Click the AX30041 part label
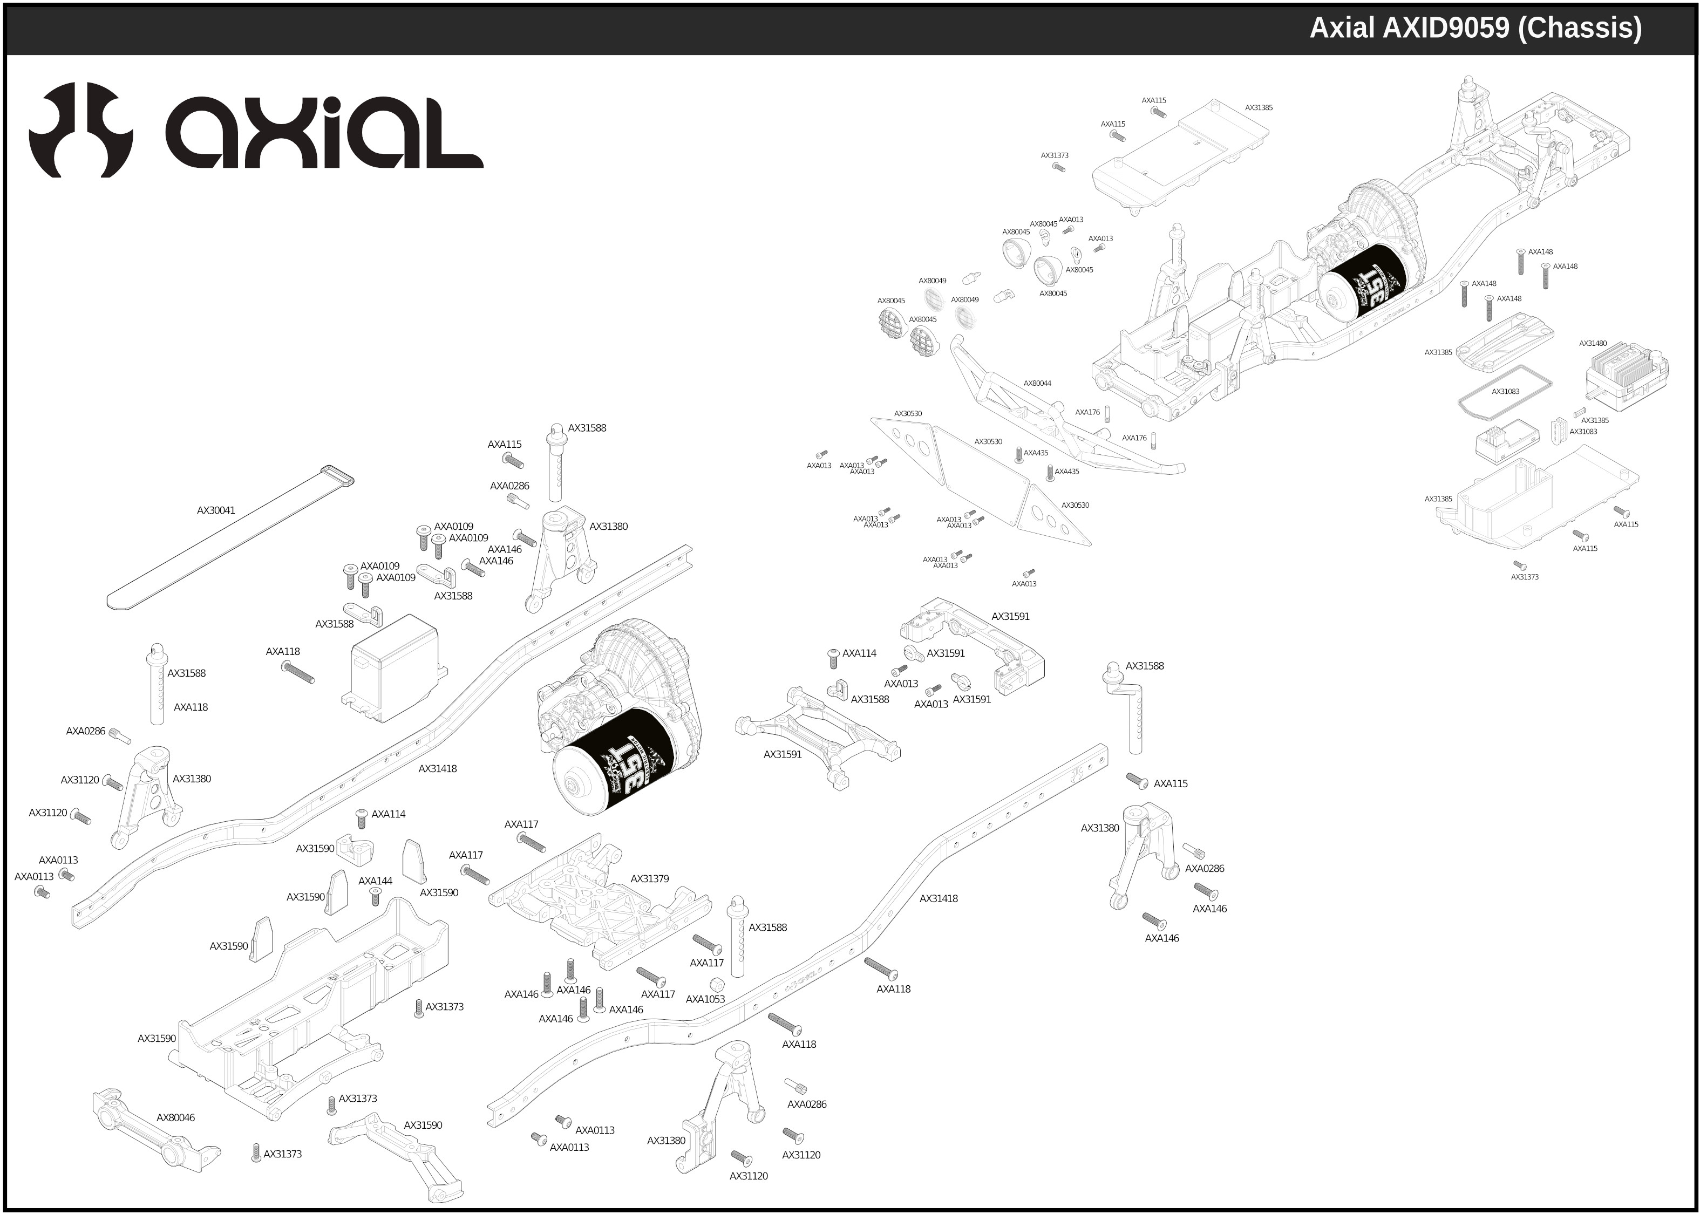pos(215,510)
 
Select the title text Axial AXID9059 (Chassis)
pos(1475,28)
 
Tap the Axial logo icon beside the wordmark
pos(81,129)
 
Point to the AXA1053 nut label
pos(705,999)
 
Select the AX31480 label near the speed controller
pos(1593,344)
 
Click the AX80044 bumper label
pos(1036,384)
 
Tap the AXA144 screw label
pos(375,881)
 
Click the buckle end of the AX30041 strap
pos(337,475)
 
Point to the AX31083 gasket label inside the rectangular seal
pos(1505,392)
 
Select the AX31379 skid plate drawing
pos(598,901)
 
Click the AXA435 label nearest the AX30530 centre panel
pos(1036,453)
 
